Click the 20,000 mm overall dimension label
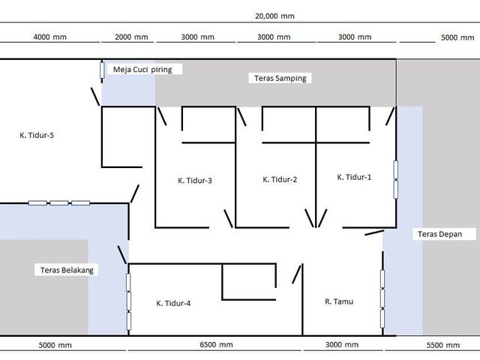[274, 16]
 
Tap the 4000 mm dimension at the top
[50, 37]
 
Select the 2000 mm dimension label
[131, 37]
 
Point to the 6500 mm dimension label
[216, 345]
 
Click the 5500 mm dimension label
[443, 345]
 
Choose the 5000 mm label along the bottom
[55, 345]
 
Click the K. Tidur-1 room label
[354, 177]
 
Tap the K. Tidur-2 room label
[280, 179]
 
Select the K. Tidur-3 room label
[195, 180]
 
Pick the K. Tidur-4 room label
[173, 303]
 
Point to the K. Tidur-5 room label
[37, 135]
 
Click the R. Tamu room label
[339, 301]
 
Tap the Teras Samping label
[280, 78]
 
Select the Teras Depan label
[440, 234]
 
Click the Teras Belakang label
[67, 270]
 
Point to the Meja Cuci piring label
[142, 70]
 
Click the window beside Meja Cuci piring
[102, 70]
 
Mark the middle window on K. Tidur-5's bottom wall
[59, 202]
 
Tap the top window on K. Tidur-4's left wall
[128, 282]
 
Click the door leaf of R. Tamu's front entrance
[374, 232]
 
